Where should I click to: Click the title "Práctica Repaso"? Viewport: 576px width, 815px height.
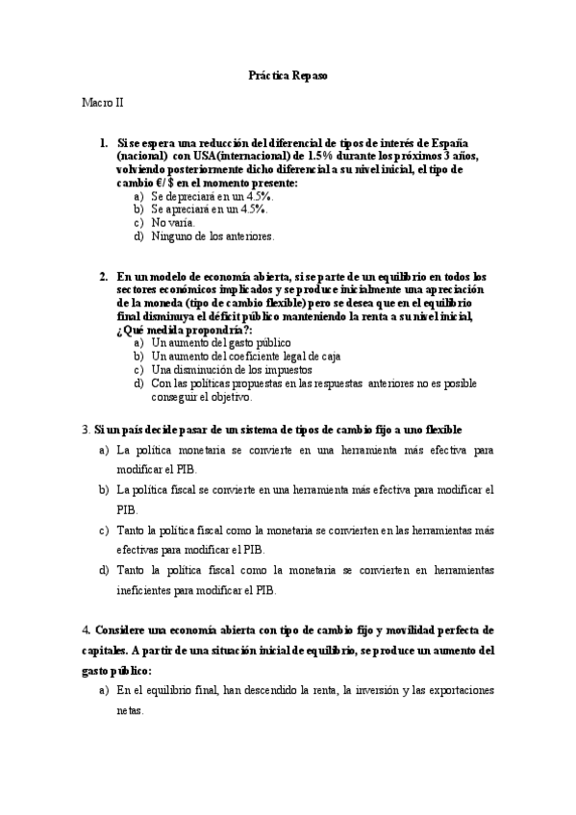(288, 74)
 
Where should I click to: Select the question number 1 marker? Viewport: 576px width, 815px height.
(104, 142)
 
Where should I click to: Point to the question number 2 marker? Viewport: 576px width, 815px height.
(104, 276)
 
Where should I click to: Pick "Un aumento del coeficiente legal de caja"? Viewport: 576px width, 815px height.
(246, 356)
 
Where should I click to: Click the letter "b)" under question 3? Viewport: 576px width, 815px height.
(104, 489)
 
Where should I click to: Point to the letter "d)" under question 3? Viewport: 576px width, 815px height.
(104, 570)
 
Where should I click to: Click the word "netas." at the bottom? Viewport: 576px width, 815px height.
(130, 711)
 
